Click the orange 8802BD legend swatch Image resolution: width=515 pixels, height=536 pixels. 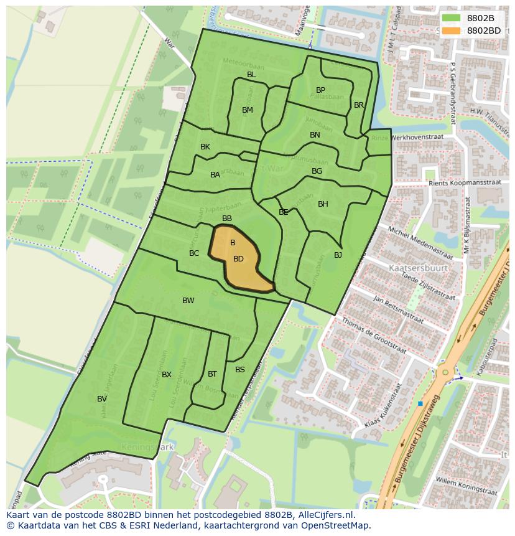coord(452,31)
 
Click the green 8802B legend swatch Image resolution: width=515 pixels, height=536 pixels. coord(452,18)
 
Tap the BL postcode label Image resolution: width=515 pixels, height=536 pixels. coord(251,75)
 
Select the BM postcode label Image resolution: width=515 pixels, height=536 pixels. coord(248,110)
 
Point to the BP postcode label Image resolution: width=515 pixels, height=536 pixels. coord(320,90)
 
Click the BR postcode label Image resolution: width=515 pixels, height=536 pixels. coord(359,105)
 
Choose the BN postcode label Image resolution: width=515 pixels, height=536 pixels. coord(315,135)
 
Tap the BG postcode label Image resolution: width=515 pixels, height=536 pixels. coord(317,171)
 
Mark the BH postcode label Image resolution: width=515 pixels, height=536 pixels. coord(323,204)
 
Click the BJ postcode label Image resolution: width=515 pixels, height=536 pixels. coord(338,255)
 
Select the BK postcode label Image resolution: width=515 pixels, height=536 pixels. coord(205,147)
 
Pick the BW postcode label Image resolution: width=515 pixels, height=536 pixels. coord(188,301)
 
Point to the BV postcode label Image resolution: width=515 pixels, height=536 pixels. coord(102,399)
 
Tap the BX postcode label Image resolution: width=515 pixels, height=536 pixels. coord(167,375)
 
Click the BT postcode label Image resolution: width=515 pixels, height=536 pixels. coord(212,374)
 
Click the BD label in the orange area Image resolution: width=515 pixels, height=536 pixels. coord(238,259)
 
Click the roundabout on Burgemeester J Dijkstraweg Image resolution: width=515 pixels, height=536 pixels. coord(445,372)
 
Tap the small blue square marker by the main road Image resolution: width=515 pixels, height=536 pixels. coord(420,404)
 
